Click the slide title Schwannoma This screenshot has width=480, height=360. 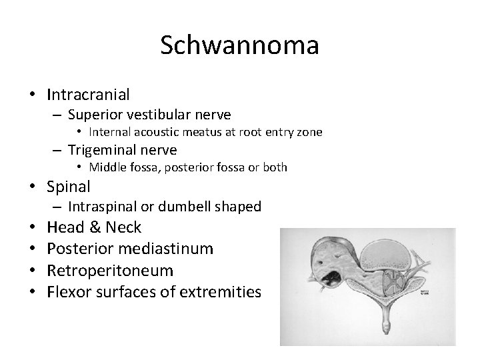(x=240, y=46)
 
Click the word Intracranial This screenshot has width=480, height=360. (x=88, y=95)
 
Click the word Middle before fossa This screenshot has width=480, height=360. (x=107, y=167)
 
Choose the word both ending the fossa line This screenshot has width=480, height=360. (x=274, y=167)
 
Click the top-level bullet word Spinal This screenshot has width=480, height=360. (x=69, y=186)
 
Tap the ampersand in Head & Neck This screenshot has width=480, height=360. (x=93, y=227)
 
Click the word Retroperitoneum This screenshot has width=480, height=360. (x=110, y=270)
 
